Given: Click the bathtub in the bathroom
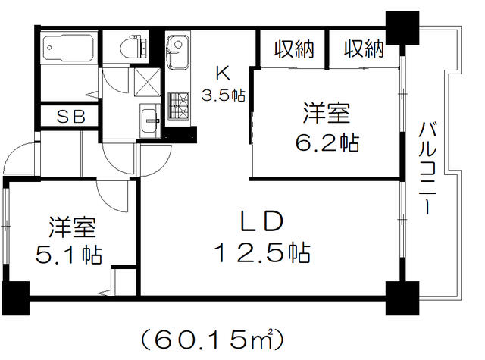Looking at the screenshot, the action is pos(67,47).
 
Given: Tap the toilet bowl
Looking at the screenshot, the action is pos(133,47).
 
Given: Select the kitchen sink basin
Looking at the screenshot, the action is pos(178,52).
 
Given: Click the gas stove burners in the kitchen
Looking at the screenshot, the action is pos(179,105).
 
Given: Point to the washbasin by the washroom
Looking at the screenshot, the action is pos(150,121).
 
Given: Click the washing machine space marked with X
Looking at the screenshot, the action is pos(148,83).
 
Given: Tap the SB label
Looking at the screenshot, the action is pos(71,117).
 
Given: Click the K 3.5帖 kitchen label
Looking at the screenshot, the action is pos(223,84).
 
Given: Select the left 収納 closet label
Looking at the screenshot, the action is pos(294,49).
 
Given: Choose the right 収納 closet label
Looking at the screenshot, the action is pos(364,49).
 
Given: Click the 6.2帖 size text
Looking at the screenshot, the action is pos(327,142).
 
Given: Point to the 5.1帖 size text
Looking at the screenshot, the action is pos(69,255).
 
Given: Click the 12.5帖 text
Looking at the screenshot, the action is pos(262,253).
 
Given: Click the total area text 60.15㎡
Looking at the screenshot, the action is pos(212,340).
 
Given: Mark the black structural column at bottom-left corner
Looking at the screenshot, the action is pos(16,298).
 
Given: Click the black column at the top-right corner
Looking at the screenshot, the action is pos(402,28).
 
